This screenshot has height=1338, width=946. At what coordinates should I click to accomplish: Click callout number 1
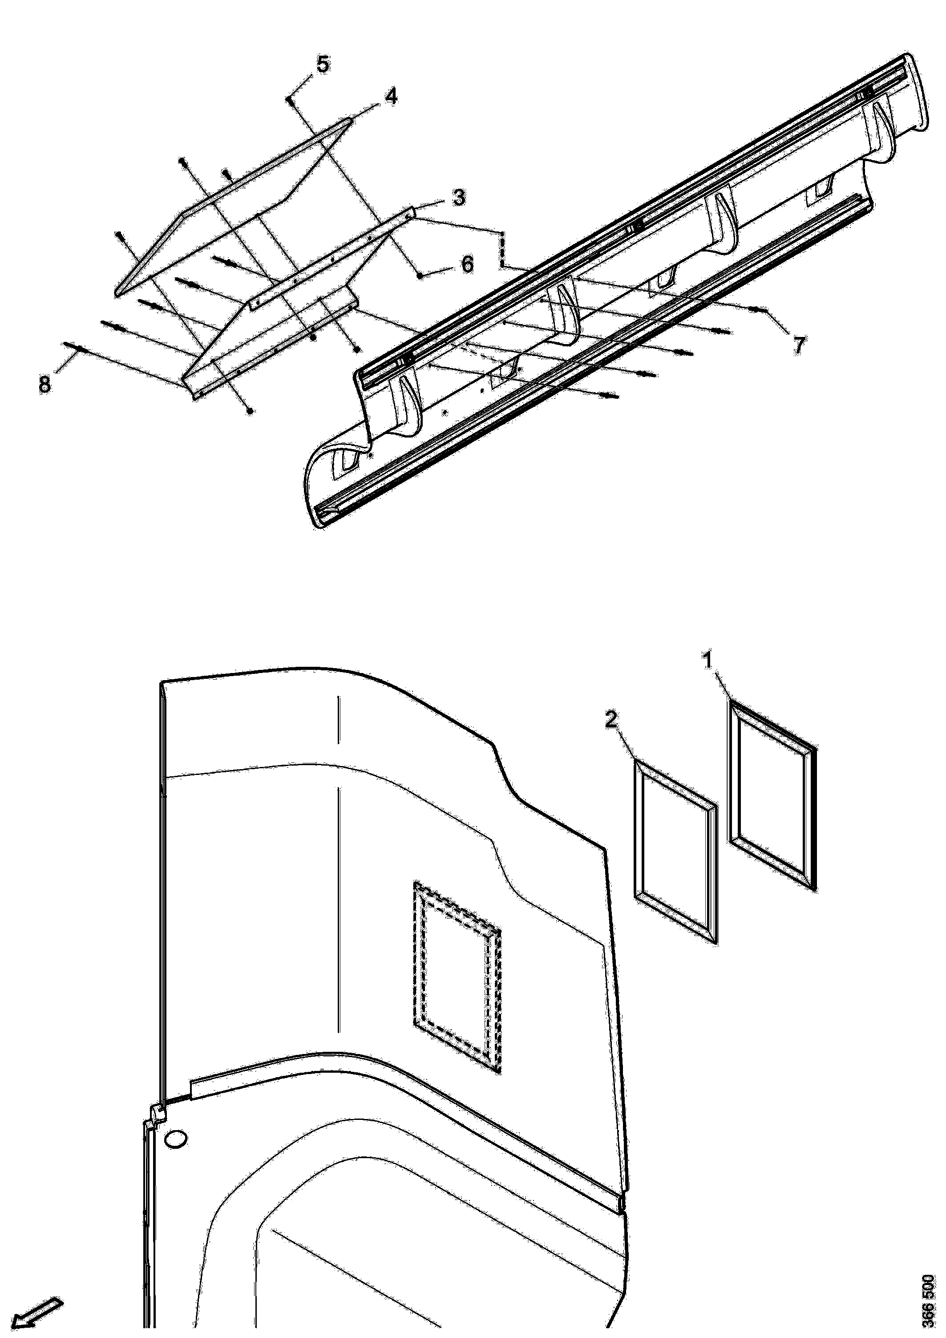(x=708, y=661)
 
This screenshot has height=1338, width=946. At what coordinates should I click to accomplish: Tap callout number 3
(x=459, y=198)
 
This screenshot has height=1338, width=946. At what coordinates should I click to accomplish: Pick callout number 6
(x=467, y=265)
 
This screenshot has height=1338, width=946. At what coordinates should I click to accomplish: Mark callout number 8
(x=44, y=385)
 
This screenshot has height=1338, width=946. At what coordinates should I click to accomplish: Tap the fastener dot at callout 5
(x=288, y=100)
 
